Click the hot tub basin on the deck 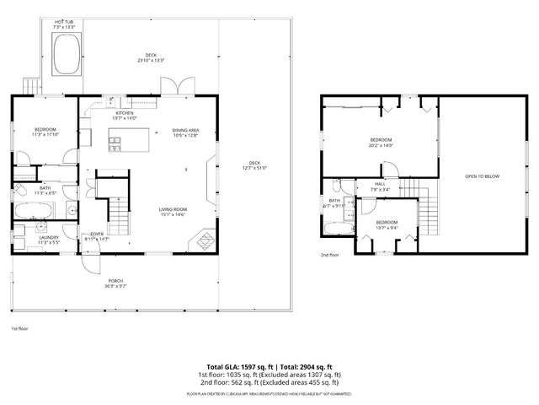click(63, 57)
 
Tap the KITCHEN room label click(125, 113)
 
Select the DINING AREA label click(185, 130)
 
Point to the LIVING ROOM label click(173, 209)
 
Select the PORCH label click(116, 280)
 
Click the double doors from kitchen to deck click(179, 87)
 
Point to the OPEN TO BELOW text click(483, 175)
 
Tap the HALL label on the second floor click(380, 185)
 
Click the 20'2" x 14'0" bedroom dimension click(381, 145)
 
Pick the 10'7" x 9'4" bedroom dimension click(387, 227)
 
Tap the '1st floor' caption click(19, 327)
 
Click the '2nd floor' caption click(329, 254)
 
